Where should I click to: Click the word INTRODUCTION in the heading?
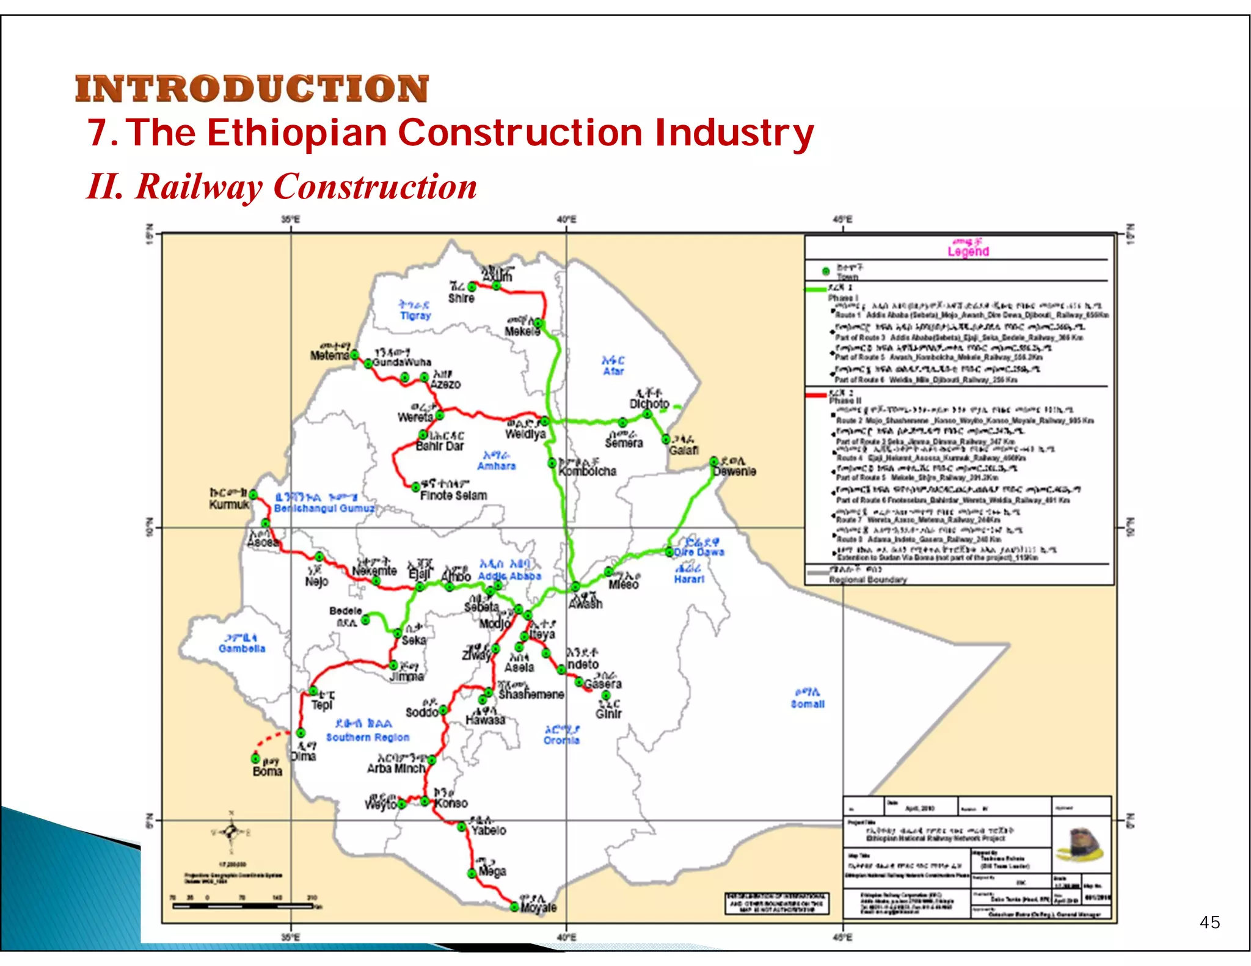tap(252, 89)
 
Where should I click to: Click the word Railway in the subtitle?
tap(199, 187)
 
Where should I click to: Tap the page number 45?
tap(1209, 922)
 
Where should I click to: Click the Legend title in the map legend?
tap(968, 251)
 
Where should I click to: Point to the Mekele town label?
tap(522, 332)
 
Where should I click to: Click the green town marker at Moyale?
tap(514, 907)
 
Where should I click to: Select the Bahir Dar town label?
tap(440, 446)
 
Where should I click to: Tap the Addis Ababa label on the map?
tap(509, 576)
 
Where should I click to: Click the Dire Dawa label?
tap(699, 552)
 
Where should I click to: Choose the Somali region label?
tap(808, 704)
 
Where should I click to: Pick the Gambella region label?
tap(242, 648)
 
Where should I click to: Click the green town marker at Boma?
tap(256, 758)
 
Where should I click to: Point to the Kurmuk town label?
tap(229, 504)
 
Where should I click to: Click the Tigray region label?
tap(415, 316)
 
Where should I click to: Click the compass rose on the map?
tap(230, 831)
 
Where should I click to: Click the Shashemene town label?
tap(531, 694)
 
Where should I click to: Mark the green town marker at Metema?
tap(354, 355)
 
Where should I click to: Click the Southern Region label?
tap(367, 737)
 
